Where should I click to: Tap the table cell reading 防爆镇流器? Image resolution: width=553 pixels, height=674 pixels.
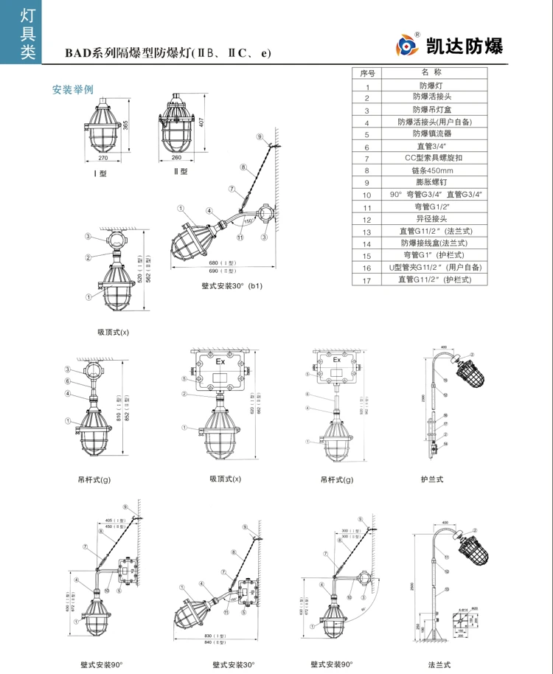431,133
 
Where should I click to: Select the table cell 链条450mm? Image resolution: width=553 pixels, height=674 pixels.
431,170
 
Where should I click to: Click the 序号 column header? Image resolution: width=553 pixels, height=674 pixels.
367,73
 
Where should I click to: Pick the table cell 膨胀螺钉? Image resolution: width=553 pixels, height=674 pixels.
431,181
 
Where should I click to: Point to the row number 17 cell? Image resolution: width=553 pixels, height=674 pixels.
367,279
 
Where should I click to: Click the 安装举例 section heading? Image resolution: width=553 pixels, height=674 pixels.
72,90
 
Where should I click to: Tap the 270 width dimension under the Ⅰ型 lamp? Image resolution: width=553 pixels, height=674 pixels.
102,159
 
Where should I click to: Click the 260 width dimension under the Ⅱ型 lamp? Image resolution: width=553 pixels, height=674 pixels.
176,158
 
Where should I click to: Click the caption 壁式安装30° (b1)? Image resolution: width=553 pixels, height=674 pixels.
232,285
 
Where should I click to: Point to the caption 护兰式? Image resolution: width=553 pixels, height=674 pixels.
431,479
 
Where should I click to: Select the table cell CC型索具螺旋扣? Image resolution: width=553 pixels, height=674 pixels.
431,158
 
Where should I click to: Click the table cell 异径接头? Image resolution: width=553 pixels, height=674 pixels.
431,218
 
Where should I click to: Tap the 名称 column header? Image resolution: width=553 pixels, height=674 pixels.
431,73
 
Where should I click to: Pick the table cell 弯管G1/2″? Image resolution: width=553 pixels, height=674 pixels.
431,206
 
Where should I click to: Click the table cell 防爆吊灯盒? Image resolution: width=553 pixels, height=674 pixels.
431,109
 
